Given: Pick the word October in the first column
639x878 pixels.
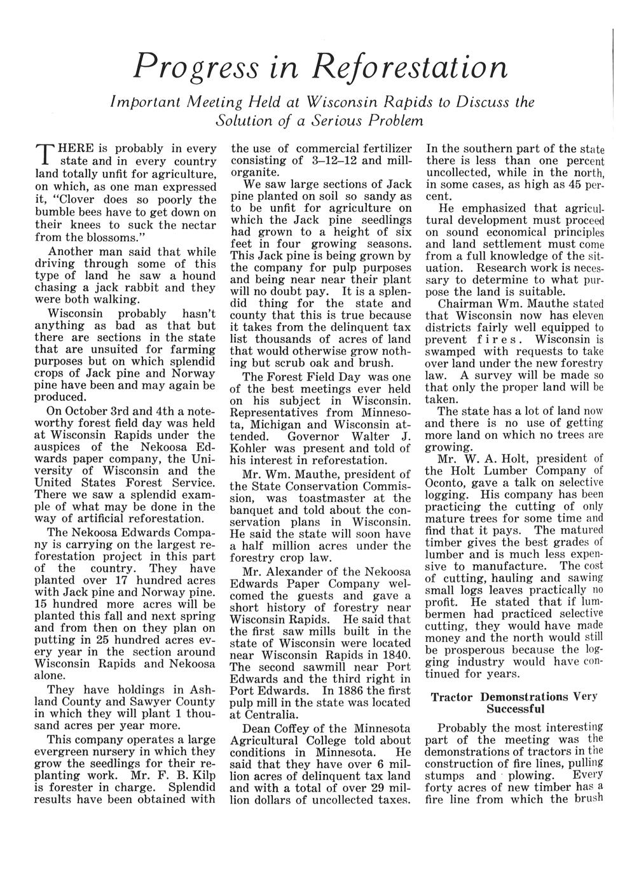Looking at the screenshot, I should tap(86, 409).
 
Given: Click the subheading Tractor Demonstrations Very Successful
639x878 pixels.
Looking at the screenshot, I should tap(515, 702).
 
